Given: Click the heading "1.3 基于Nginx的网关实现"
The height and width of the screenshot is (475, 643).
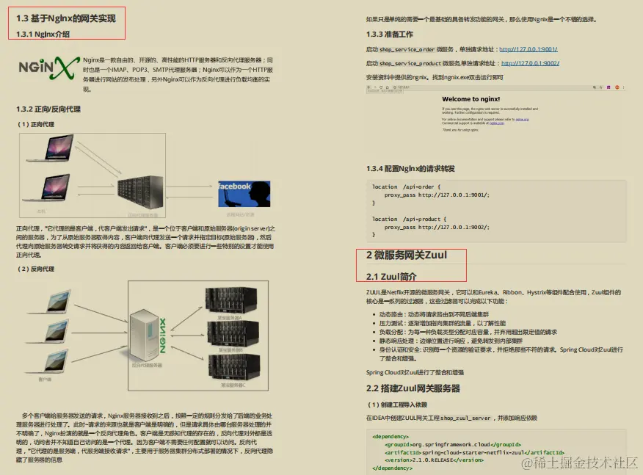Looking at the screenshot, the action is (66, 18).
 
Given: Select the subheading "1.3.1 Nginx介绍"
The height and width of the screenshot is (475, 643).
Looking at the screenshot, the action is (43, 33).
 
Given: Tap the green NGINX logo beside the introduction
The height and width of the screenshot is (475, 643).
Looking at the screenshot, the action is (48, 68).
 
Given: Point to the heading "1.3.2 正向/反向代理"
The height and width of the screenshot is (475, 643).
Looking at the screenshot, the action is (48, 109).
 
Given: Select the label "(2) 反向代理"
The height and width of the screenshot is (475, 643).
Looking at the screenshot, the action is (37, 269).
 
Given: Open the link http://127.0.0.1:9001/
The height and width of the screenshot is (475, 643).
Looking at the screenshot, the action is (528, 50).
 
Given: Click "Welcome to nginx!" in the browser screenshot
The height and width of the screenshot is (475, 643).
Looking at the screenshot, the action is (471, 99).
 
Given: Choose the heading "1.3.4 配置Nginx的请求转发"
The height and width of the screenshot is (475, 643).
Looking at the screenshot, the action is (410, 168).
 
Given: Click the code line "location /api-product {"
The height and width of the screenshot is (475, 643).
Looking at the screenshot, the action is (418, 219).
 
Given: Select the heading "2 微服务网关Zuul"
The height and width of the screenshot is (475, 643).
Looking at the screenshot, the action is (406, 255).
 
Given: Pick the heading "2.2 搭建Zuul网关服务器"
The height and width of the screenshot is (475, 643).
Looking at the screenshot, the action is (413, 388).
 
